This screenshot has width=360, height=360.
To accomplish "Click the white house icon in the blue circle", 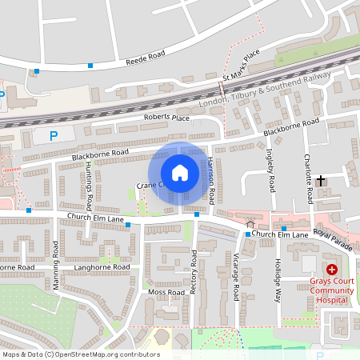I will [x=180, y=173].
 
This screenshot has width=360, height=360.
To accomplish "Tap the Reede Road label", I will [x=144, y=58].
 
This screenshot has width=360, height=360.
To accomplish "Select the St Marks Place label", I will [x=242, y=66].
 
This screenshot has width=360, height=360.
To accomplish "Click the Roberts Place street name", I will [x=166, y=118].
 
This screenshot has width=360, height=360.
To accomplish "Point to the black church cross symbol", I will [x=322, y=181].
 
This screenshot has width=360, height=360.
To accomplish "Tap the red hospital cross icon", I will [x=331, y=270].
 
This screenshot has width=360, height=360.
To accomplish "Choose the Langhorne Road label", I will [x=101, y=266].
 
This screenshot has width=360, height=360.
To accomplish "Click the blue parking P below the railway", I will [x=54, y=136].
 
